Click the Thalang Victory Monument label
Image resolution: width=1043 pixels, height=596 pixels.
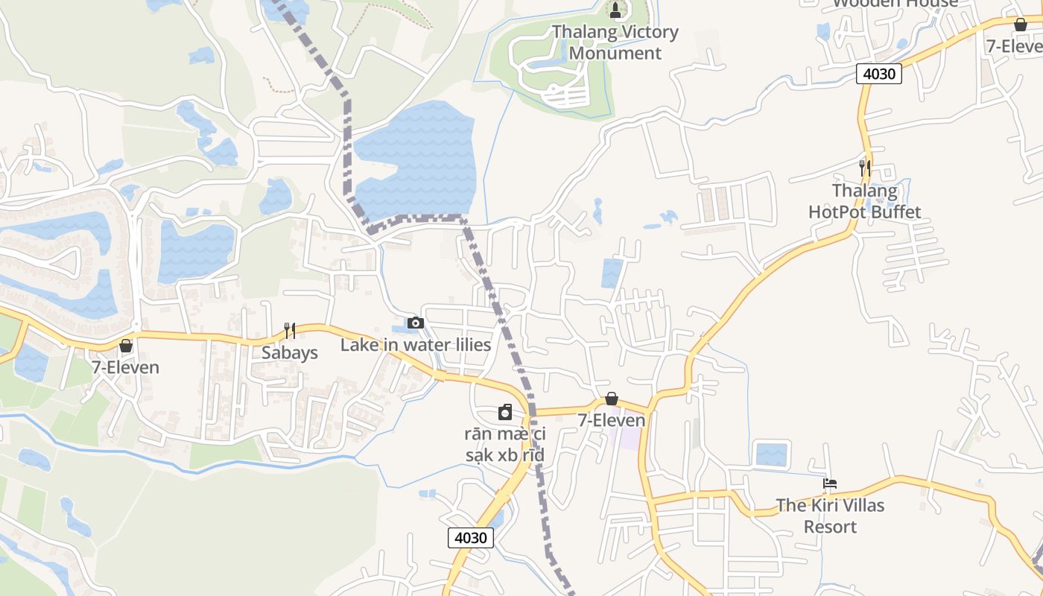click(x=615, y=42)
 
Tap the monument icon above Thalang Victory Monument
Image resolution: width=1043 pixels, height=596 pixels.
click(x=615, y=10)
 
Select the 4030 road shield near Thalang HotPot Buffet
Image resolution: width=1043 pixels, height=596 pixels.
click(x=879, y=74)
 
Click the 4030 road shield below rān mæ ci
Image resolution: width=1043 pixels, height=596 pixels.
click(x=471, y=537)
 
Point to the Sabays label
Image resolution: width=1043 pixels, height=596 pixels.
click(x=290, y=352)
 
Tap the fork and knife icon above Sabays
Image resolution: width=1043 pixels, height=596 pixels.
click(x=290, y=331)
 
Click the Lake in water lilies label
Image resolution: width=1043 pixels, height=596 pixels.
click(x=416, y=345)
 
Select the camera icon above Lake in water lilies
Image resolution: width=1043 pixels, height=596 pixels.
click(x=416, y=323)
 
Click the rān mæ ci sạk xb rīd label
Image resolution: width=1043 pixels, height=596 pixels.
click(x=505, y=444)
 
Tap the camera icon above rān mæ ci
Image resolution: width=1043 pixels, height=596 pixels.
click(x=505, y=412)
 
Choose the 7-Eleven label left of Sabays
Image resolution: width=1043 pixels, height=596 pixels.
click(x=126, y=367)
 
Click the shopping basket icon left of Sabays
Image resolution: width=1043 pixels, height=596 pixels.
click(x=126, y=346)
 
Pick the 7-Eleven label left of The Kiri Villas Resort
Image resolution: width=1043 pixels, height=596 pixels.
click(x=612, y=420)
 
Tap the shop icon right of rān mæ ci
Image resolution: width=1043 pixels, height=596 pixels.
click(x=612, y=399)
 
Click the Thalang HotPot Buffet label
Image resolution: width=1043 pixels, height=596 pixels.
click(x=865, y=201)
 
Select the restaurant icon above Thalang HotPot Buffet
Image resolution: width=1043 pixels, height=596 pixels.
click(x=865, y=168)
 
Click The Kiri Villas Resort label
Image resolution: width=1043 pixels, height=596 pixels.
click(x=831, y=516)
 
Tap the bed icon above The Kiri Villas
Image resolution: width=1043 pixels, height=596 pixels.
click(x=830, y=484)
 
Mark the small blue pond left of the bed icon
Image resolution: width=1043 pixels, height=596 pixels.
click(x=771, y=454)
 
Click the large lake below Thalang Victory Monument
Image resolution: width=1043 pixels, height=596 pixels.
click(x=417, y=160)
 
